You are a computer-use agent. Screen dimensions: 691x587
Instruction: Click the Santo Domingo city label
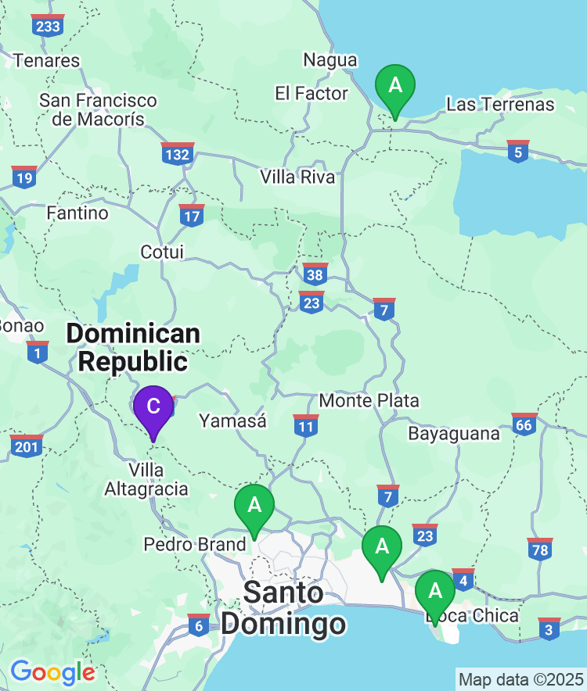(x=283, y=608)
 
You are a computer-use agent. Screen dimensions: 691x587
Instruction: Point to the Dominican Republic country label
(x=133, y=348)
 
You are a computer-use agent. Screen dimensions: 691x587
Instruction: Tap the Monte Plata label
(x=369, y=401)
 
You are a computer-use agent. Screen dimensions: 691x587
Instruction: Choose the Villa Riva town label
(x=297, y=177)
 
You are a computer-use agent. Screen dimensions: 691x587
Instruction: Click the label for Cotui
(x=162, y=252)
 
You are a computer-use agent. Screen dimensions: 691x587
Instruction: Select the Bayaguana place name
(x=454, y=433)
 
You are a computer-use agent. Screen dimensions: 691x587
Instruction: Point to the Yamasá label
(x=232, y=421)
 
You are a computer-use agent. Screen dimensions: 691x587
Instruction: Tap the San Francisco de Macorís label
(x=98, y=110)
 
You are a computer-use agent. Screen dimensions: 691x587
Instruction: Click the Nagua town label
(x=330, y=60)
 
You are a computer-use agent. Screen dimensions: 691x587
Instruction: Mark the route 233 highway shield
(x=48, y=27)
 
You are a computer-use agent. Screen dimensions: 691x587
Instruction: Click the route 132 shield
(x=178, y=154)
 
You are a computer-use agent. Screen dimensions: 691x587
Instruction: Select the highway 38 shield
(x=315, y=274)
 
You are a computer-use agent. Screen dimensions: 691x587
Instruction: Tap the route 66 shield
(x=524, y=424)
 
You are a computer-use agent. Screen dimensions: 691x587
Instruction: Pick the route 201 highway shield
(x=27, y=446)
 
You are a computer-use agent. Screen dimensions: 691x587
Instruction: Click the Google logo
(x=52, y=672)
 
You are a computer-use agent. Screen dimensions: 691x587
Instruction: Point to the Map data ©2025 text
(x=520, y=678)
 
